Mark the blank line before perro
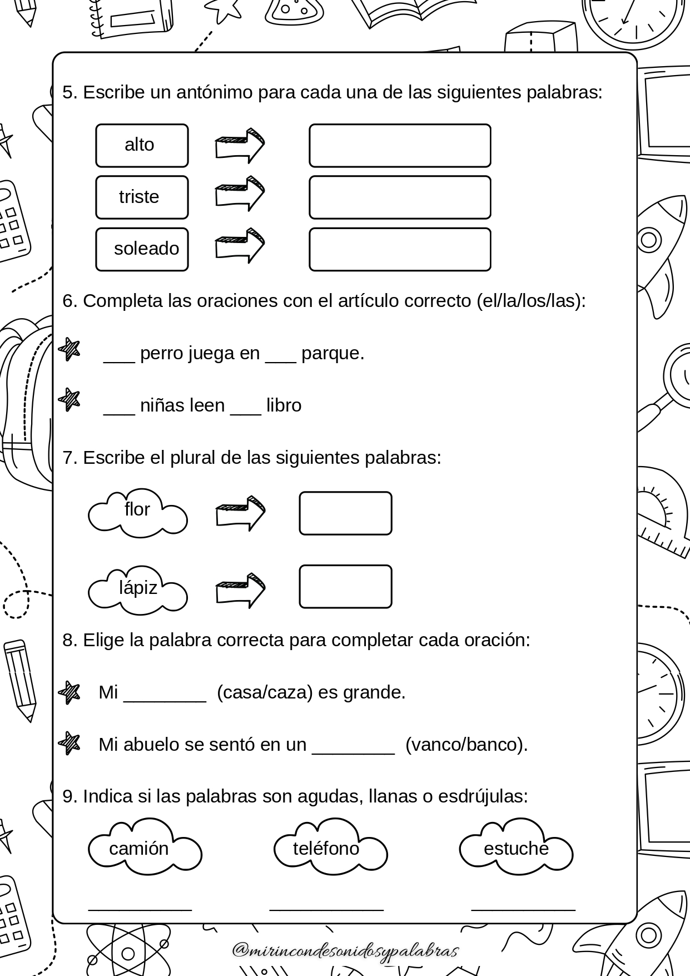click(119, 362)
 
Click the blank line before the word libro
click(245, 414)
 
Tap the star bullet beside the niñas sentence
click(70, 399)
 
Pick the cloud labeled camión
click(145, 846)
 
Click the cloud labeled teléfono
click(330, 846)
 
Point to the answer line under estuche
click(523, 910)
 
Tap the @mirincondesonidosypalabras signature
click(345, 950)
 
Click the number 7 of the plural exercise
click(67, 458)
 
